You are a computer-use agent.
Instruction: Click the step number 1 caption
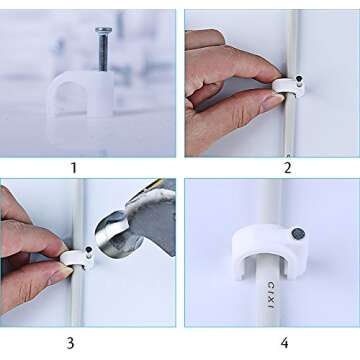[x=73, y=167]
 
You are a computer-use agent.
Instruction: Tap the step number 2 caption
[x=287, y=167]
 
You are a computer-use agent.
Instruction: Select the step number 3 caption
[x=70, y=342]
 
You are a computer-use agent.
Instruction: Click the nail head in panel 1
[x=104, y=31]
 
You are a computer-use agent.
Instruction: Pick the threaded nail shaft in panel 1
[x=104, y=52]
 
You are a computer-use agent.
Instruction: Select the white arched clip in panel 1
[x=80, y=92]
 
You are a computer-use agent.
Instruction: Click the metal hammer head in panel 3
[x=130, y=225]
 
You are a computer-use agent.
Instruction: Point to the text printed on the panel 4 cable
[x=270, y=295]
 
